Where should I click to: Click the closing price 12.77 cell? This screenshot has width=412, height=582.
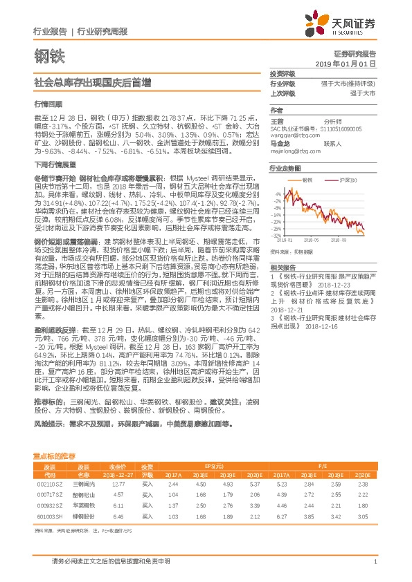coord(118,485)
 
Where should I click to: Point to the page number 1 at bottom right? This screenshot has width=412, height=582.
coord(374,562)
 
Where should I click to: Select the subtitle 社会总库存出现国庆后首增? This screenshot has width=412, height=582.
coord(92,82)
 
